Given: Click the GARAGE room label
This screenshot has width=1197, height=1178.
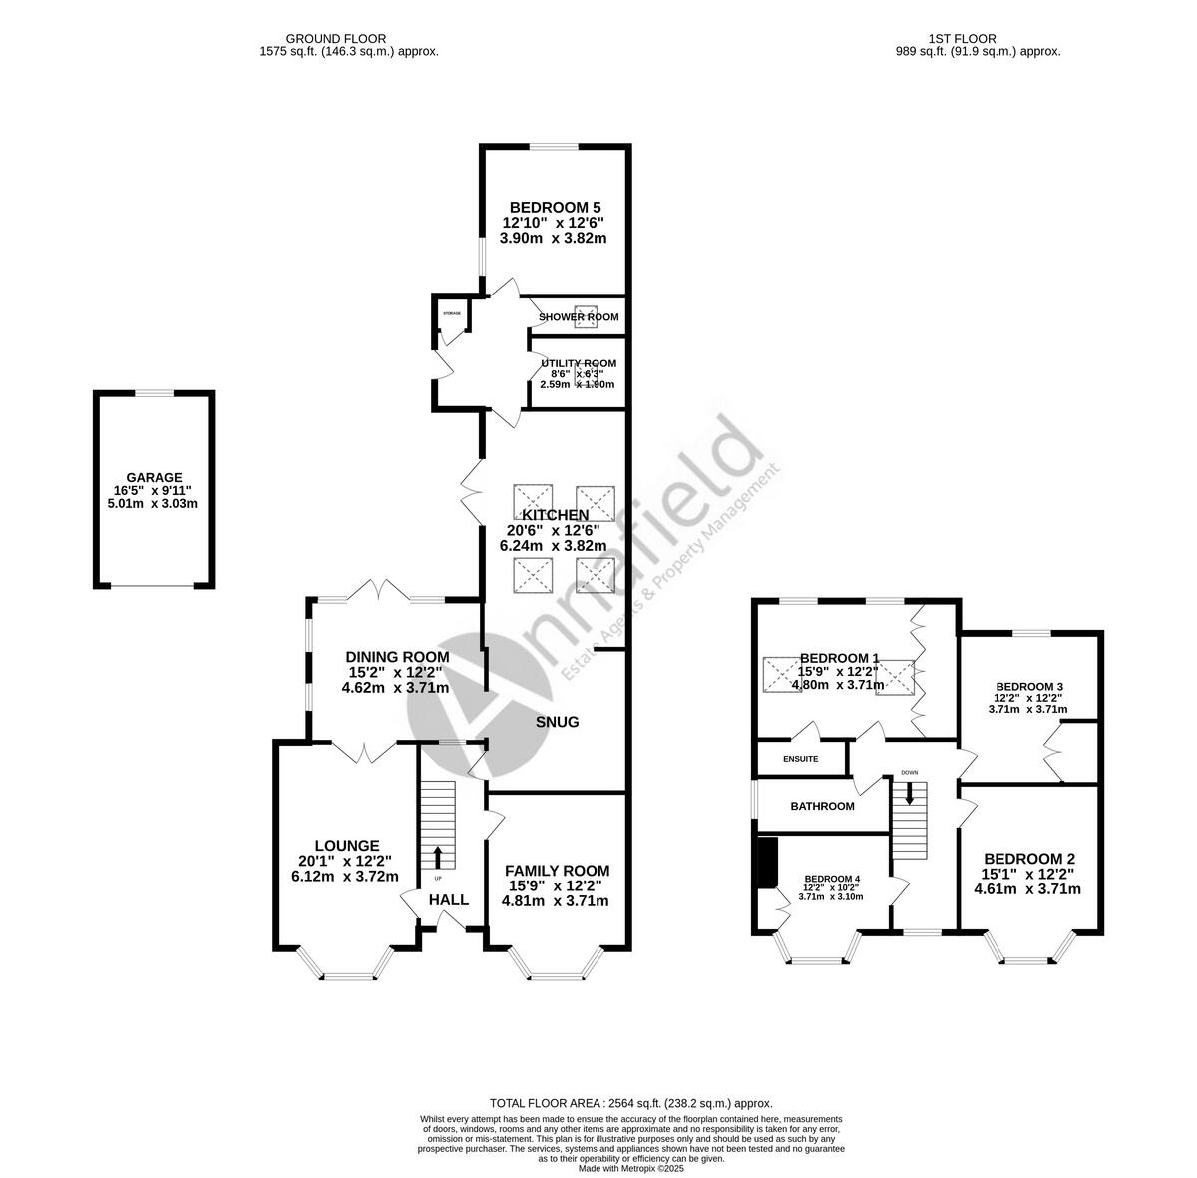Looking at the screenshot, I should click(x=154, y=477).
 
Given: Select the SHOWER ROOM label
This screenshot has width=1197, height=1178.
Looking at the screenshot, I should click(x=579, y=317).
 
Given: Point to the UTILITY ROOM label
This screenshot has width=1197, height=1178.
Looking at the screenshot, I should click(x=579, y=363).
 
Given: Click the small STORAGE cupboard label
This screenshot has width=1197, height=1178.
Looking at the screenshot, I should click(x=452, y=314).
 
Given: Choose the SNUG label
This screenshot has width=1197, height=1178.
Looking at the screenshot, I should click(x=557, y=722).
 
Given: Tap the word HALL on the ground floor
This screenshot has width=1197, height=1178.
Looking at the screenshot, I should click(x=449, y=900).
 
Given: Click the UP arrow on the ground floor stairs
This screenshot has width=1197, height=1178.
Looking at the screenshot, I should click(x=438, y=856).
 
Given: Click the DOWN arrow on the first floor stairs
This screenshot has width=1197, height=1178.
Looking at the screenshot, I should click(x=909, y=793).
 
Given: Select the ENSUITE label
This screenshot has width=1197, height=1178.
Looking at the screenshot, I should click(x=800, y=759).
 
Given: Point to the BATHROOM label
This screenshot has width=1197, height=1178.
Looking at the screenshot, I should click(x=822, y=806).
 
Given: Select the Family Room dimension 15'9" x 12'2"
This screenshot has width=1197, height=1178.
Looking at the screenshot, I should click(x=555, y=885).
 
